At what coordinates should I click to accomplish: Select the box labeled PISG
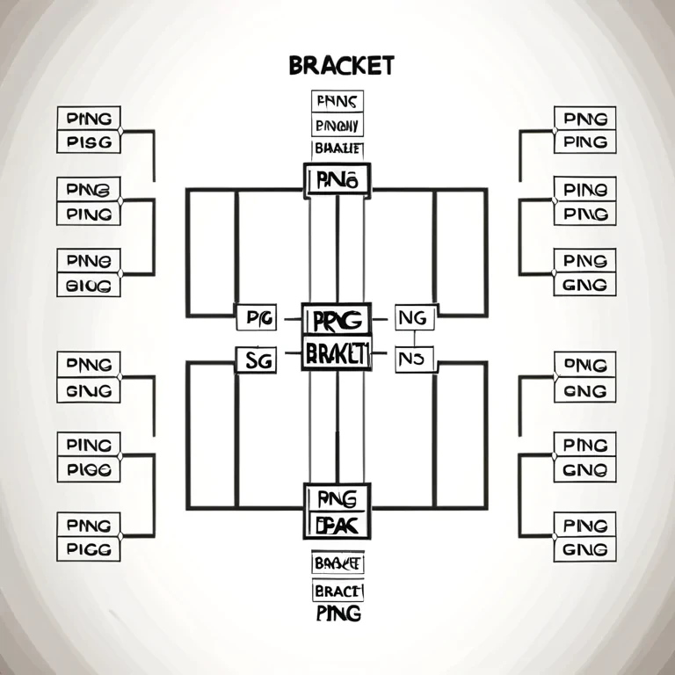click(x=88, y=142)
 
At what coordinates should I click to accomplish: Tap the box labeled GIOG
click(x=88, y=285)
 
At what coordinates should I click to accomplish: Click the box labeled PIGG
click(x=88, y=549)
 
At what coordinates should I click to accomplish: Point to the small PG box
click(x=257, y=317)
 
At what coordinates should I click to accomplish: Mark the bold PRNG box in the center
click(x=337, y=318)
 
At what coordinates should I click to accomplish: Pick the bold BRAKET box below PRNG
click(x=337, y=353)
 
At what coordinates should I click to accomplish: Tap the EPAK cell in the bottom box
click(x=337, y=525)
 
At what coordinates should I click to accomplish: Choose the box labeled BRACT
click(x=338, y=591)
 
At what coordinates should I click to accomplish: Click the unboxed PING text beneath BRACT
click(x=338, y=613)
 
